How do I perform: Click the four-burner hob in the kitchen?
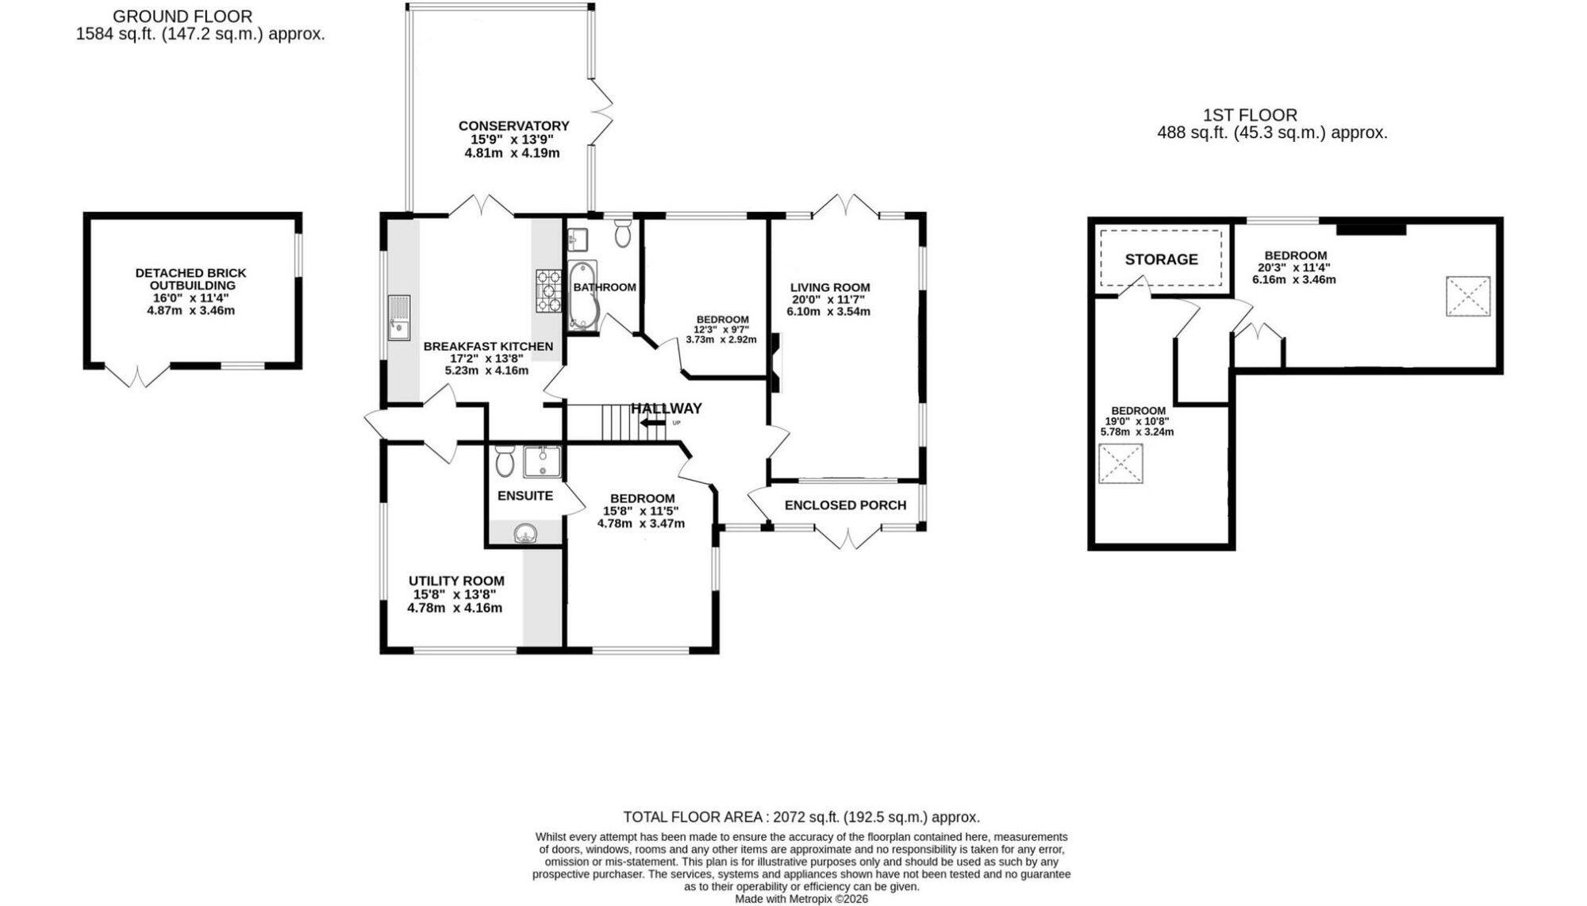click(x=548, y=291)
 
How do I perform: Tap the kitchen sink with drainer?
click(x=398, y=317)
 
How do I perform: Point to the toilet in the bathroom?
click(x=623, y=232)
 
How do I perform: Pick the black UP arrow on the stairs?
click(x=653, y=423)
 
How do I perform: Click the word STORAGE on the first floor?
click(x=1161, y=259)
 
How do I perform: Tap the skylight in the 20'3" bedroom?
click(x=1467, y=296)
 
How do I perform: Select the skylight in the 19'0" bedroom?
click(x=1120, y=463)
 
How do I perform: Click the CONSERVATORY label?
click(x=513, y=126)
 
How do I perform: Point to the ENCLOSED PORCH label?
click(x=845, y=505)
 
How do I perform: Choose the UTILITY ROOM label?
click(x=456, y=581)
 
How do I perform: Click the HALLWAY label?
click(x=667, y=409)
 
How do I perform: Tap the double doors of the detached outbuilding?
click(x=137, y=375)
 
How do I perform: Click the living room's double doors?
click(x=846, y=205)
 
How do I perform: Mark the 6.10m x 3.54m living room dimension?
click(x=828, y=312)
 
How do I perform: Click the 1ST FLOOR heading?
click(x=1250, y=116)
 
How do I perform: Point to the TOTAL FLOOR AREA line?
click(x=801, y=817)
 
